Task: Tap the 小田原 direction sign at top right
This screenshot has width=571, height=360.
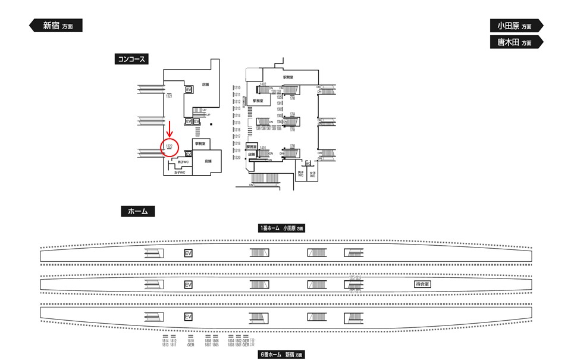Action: (516, 26)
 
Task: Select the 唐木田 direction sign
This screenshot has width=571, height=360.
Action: (516, 42)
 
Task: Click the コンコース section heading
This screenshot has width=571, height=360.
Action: (131, 59)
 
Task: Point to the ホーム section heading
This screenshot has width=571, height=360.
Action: (137, 211)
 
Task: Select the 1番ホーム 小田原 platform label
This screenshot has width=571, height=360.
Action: (281, 228)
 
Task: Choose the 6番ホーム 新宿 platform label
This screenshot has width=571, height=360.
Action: (281, 355)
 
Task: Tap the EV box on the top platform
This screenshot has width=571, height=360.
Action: (189, 253)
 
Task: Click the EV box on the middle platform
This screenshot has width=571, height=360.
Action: (189, 285)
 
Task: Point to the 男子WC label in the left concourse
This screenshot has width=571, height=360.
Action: (181, 162)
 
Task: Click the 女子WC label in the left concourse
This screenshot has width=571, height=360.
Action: (179, 173)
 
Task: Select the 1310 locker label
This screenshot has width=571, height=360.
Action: (237, 89)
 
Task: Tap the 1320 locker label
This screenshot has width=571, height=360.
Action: (237, 158)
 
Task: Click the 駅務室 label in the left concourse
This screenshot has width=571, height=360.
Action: (200, 144)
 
